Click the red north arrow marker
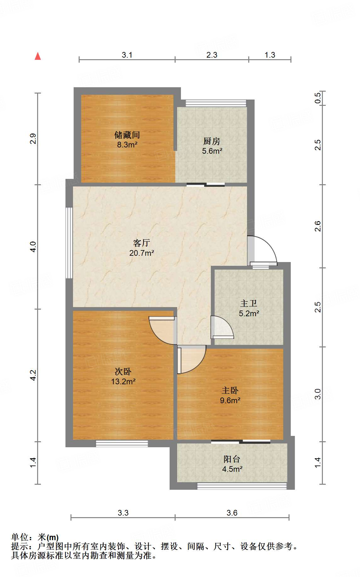[38, 56]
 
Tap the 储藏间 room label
[127, 135]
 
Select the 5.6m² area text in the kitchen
[212, 151]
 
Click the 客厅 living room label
[141, 243]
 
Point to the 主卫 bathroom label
[249, 303]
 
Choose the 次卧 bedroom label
[123, 372]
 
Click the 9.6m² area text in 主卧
[230, 401]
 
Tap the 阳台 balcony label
[232, 459]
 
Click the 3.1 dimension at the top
[127, 55]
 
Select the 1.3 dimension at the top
[270, 55]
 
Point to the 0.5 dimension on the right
[318, 98]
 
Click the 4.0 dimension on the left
[33, 247]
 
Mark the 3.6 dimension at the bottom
[232, 513]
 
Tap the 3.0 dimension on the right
[318, 394]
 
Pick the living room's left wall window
[69, 243]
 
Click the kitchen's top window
[216, 103]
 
